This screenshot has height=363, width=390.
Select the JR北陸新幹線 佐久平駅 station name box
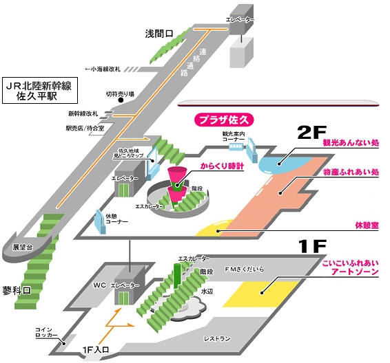click(37, 91)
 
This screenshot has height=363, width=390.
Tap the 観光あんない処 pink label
click(351, 145)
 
